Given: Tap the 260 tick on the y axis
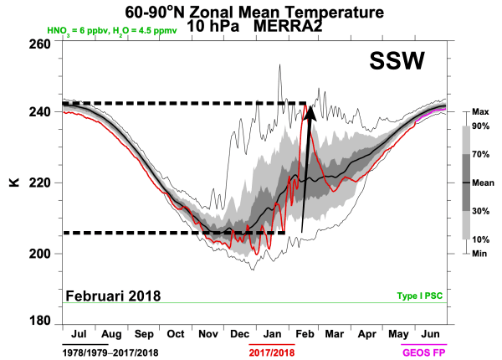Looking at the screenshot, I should [38, 43].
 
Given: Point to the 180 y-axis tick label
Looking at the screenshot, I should [38, 322].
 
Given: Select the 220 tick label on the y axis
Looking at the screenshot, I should [38, 183].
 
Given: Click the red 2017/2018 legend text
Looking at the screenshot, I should [273, 352].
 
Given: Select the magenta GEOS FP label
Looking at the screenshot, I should [425, 352].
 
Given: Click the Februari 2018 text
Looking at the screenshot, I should [114, 296].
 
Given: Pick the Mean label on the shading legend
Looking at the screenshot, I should [481, 183].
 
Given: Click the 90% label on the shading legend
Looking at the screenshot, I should [481, 126].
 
